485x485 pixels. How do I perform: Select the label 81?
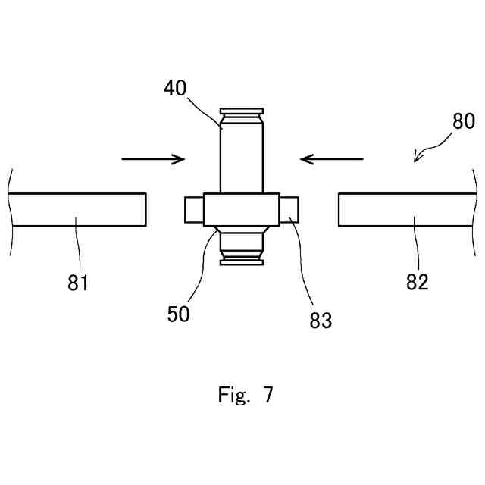[x=78, y=283]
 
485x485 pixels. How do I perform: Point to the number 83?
[x=320, y=321]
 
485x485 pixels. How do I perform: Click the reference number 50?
[x=179, y=313]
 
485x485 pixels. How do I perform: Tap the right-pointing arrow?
[x=153, y=159]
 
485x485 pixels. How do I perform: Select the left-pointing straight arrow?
[x=332, y=159]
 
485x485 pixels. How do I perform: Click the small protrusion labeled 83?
[x=291, y=209]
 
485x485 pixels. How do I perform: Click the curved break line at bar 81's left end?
[x=11, y=210]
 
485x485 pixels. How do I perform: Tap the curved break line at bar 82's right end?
[x=473, y=210]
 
